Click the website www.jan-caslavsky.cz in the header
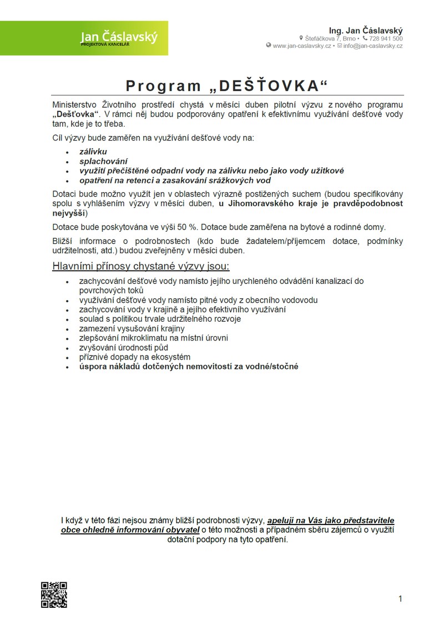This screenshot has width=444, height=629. pyautogui.click(x=302, y=46)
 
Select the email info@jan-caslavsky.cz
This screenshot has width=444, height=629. pyautogui.click(x=373, y=46)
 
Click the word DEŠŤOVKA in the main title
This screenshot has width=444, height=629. pyautogui.click(x=270, y=86)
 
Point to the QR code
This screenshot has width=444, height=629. pyautogui.click(x=54, y=595)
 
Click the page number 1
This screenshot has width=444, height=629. pyautogui.click(x=400, y=598)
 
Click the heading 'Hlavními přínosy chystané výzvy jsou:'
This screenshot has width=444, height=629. pyautogui.click(x=141, y=266)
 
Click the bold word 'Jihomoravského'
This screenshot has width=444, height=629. pyautogui.click(x=262, y=204)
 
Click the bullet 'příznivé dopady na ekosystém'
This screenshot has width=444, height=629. pyautogui.click(x=135, y=357)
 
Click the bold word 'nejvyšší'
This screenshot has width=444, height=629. pyautogui.click(x=69, y=213)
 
